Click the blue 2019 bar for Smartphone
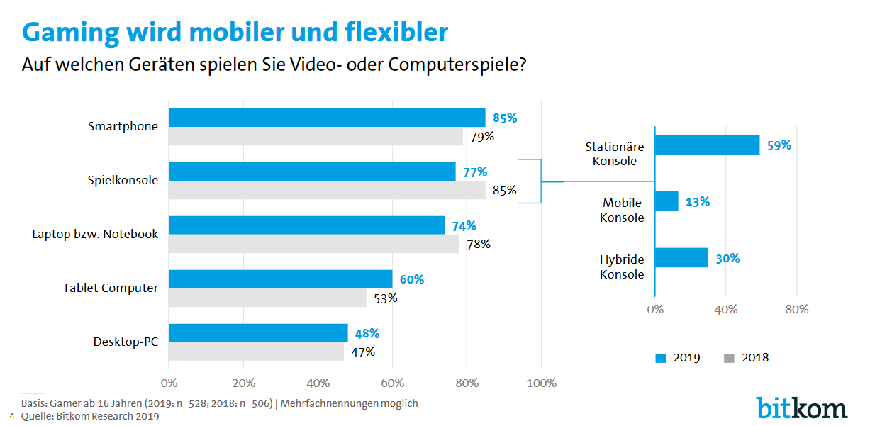coord(327,118)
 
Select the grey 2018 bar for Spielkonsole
coord(327,190)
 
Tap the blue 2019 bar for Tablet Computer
coord(280,279)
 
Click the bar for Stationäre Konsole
coord(707,145)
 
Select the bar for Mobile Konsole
coord(667,201)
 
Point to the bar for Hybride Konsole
coord(681,258)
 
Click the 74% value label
coord(464,226)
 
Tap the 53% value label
coord(386,298)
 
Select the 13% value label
coord(698,201)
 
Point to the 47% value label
coord(363,352)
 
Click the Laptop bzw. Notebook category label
coord(95,234)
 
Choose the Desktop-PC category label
coord(126,342)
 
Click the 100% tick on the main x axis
coord(542,383)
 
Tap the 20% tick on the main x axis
coord(243,383)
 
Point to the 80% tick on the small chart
coord(797,310)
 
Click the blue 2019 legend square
coord(659,358)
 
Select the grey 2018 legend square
coord(729,358)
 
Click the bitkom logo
coord(801,407)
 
